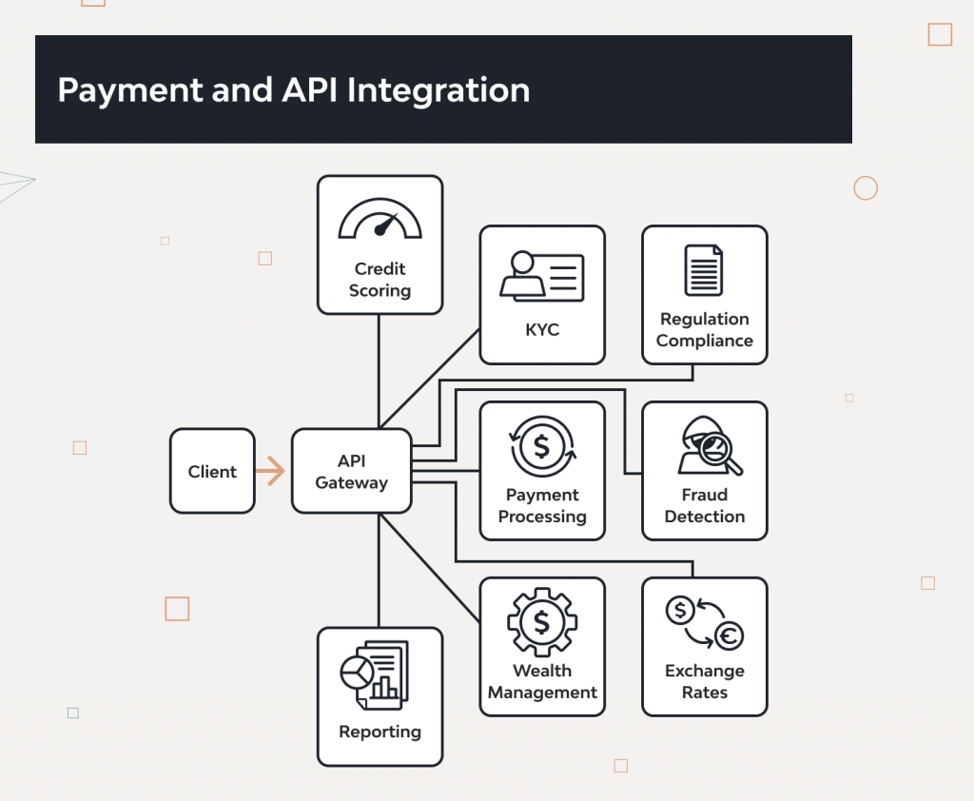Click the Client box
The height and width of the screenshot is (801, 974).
coord(212,471)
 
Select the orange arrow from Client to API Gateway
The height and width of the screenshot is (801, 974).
coord(271,471)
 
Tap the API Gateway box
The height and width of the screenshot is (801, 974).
coord(352,472)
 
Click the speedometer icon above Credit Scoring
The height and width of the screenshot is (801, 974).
coord(380,220)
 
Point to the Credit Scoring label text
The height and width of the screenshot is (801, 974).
coord(380,280)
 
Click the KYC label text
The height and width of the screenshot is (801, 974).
coord(542,330)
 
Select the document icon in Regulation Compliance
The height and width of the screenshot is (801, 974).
coord(704,270)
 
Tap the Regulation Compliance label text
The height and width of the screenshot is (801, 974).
coord(704,330)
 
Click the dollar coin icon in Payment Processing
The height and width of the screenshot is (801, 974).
coord(542,446)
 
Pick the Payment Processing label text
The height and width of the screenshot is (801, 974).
coord(542,506)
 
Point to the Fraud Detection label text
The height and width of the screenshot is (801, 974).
coord(704,506)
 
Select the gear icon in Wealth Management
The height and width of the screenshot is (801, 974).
coord(542,622)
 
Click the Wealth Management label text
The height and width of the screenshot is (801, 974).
coord(542,682)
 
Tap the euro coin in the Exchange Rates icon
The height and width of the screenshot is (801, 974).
coord(729,636)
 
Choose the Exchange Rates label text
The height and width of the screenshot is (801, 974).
coord(704,682)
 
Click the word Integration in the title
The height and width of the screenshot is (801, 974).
coord(438,90)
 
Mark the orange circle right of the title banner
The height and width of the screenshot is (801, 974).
coord(866,188)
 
